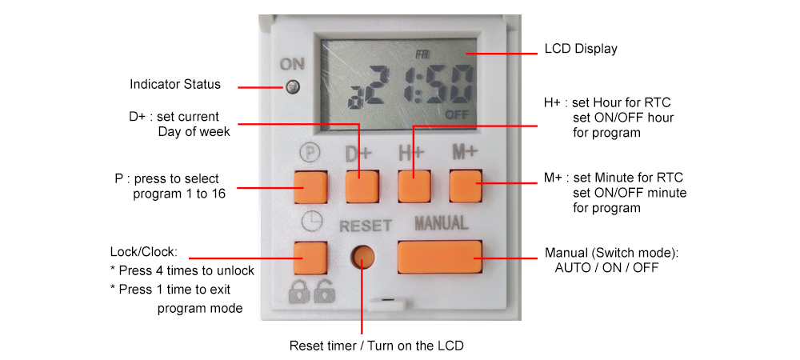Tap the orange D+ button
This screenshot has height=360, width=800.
coord(361,186)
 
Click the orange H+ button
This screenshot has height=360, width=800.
coord(414,186)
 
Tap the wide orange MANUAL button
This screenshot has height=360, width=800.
coord(439,258)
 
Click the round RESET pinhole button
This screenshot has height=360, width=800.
coord(364,258)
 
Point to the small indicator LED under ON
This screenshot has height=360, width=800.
coord(294,86)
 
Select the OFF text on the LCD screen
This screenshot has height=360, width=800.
coord(458,114)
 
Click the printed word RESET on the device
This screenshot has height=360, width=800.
coord(365,226)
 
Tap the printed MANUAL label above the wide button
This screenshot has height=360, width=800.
coord(441,223)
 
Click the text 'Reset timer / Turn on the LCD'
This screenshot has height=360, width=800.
coord(376,346)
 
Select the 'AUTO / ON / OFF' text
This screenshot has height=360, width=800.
coord(606,268)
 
